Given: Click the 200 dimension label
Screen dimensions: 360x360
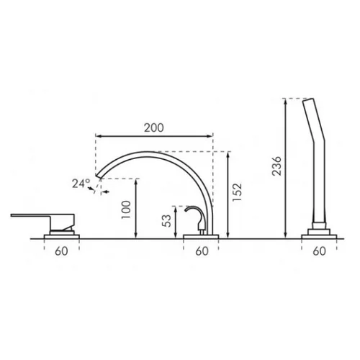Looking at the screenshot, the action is click(154, 127).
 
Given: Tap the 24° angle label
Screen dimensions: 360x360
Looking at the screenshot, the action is click(81, 184).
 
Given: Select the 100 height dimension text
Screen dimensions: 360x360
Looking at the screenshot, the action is click(126, 210).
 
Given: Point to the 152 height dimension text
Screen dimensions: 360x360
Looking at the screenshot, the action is click(237, 192).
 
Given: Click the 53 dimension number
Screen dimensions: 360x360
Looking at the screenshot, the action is click(167, 220).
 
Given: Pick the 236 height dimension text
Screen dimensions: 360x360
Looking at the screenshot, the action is click(276, 166).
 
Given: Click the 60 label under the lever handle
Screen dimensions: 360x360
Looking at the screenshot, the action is click(61, 251).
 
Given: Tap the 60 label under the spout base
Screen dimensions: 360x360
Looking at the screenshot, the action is click(202, 251).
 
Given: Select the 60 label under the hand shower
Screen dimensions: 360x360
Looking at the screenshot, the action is click(320, 251).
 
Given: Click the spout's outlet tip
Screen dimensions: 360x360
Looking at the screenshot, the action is click(99, 176).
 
